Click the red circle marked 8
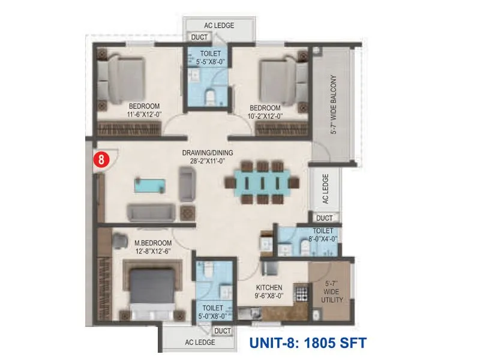[x=101, y=160]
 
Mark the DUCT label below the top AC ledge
[x=199, y=38]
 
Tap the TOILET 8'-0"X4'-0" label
[x=325, y=235]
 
